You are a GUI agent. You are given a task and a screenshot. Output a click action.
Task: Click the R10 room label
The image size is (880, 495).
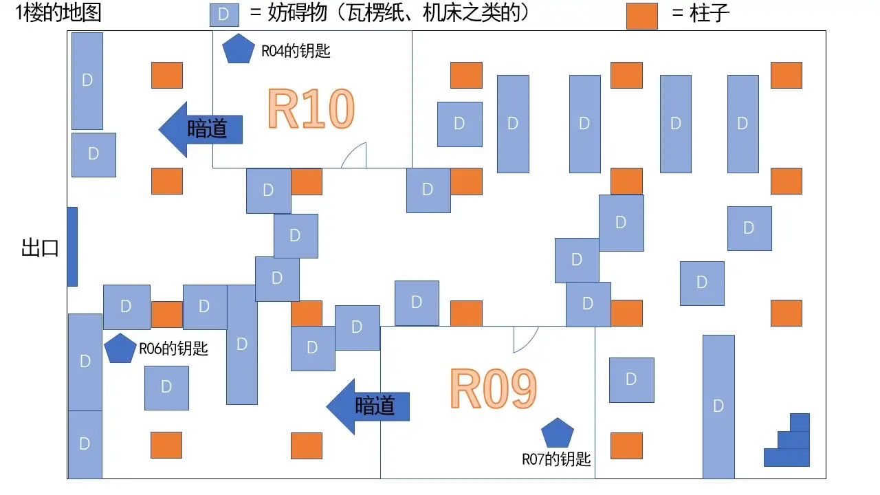pyautogui.click(x=311, y=110)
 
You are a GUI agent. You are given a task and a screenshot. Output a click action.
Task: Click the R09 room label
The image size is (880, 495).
pyautogui.click(x=494, y=390)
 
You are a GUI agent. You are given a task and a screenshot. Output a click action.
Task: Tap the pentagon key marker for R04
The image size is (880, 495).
pyautogui.click(x=239, y=49)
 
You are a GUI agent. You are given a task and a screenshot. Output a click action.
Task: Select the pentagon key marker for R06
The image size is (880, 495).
pyautogui.click(x=120, y=349)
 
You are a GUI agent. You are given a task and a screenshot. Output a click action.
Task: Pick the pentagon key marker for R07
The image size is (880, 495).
pyautogui.click(x=557, y=433)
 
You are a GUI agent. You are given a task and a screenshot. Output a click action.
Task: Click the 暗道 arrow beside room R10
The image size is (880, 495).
pyautogui.click(x=201, y=129)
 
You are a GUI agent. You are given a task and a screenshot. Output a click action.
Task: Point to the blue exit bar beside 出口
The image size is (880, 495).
pyautogui.click(x=72, y=246)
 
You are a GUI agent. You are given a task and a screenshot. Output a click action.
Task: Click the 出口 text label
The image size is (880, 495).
pyautogui.click(x=40, y=248)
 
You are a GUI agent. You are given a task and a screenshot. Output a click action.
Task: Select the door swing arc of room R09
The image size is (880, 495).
pyautogui.click(x=525, y=338)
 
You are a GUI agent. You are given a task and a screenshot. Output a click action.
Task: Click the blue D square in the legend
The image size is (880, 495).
pyautogui.click(x=224, y=15)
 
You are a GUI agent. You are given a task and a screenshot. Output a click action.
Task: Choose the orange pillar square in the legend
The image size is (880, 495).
pyautogui.click(x=641, y=16)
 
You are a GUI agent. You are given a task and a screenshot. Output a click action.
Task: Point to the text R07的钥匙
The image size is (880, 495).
pyautogui.click(x=556, y=459)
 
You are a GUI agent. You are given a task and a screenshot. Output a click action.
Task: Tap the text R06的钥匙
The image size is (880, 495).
pyautogui.click(x=173, y=349)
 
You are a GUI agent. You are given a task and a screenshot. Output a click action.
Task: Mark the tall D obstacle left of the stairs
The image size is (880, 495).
pyautogui.click(x=718, y=406)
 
